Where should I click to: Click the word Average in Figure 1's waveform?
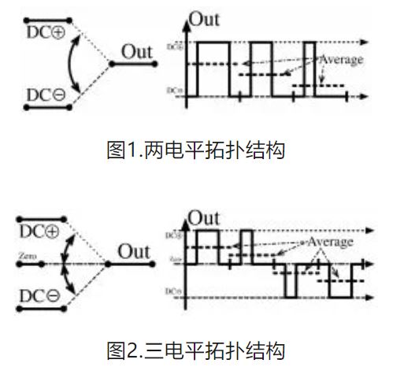(341, 59)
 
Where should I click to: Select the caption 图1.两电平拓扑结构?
(195, 149)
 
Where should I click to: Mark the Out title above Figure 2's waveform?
(206, 217)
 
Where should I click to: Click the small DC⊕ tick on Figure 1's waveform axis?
(174, 46)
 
